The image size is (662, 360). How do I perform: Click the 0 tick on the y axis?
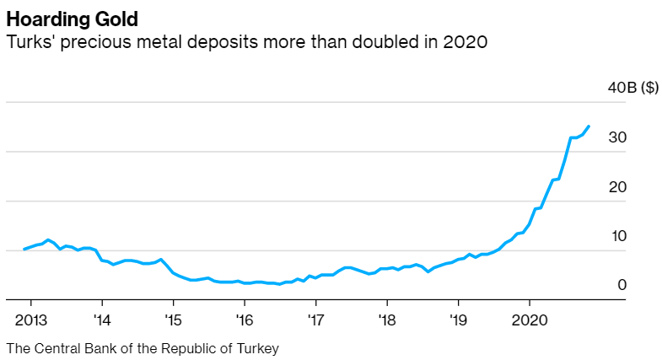coord(622,285)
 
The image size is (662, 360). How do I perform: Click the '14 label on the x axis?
coord(102,320)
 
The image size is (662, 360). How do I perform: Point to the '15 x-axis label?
coord(173,320)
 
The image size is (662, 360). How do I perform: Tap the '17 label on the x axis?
coord(315,320)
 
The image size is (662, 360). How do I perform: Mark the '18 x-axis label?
coord(386,320)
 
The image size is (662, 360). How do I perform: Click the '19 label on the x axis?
coord(458,320)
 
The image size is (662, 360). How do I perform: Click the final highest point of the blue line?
coord(589,126)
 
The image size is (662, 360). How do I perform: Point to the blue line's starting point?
coord(24,250)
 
